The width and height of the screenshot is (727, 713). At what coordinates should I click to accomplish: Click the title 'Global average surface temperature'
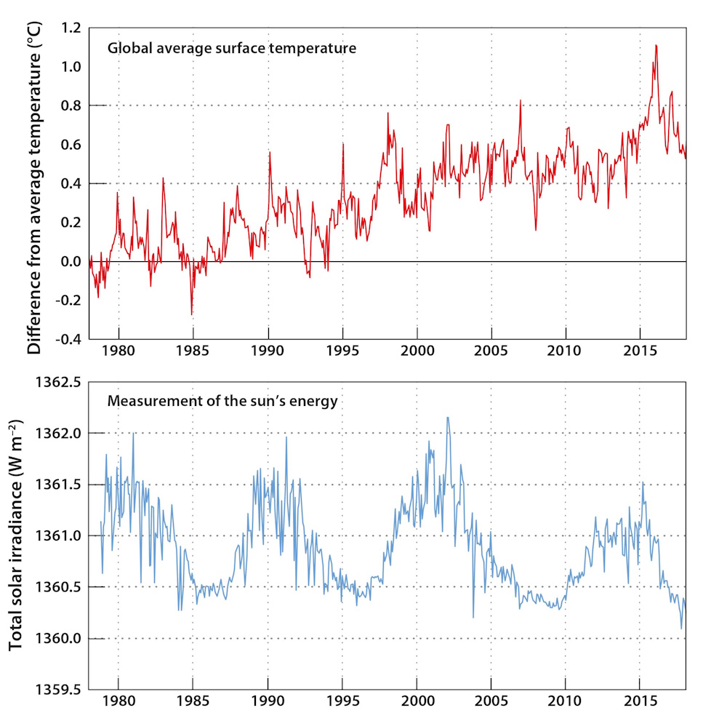pyautogui.click(x=231, y=49)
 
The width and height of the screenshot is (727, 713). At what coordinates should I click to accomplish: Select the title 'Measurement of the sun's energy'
pyautogui.click(x=222, y=401)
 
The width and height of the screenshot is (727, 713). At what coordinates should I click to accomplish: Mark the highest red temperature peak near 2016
pyautogui.click(x=656, y=45)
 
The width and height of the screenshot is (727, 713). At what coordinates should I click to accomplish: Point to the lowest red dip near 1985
pyautogui.click(x=192, y=314)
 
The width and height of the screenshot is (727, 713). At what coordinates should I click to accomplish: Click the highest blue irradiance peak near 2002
pyautogui.click(x=447, y=417)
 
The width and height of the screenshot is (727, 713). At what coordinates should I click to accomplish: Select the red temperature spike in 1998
pyautogui.click(x=387, y=113)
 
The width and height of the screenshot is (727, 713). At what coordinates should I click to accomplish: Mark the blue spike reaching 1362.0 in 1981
pyautogui.click(x=133, y=434)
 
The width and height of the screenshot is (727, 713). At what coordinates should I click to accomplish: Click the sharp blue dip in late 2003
pyautogui.click(x=473, y=617)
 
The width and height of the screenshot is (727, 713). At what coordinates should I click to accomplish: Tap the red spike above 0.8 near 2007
pyautogui.click(x=521, y=100)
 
